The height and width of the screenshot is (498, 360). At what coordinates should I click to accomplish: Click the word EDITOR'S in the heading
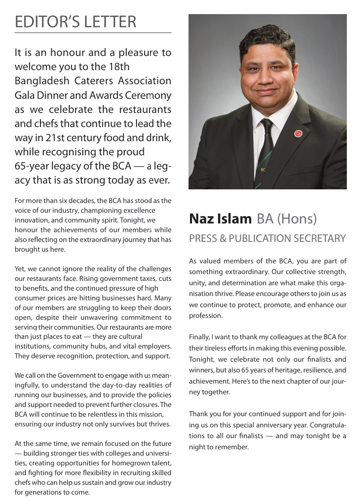pyautogui.click(x=44, y=22)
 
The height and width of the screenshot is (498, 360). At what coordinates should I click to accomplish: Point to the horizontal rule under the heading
pyautogui.click(x=93, y=33)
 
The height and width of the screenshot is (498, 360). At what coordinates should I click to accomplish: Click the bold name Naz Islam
pyautogui.click(x=220, y=219)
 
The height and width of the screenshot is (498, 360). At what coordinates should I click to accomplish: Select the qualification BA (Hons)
pyautogui.click(x=286, y=219)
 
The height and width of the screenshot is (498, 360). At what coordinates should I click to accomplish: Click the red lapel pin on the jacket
pyautogui.click(x=298, y=133)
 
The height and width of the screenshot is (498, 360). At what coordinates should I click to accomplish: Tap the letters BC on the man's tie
pyautogui.click(x=263, y=170)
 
